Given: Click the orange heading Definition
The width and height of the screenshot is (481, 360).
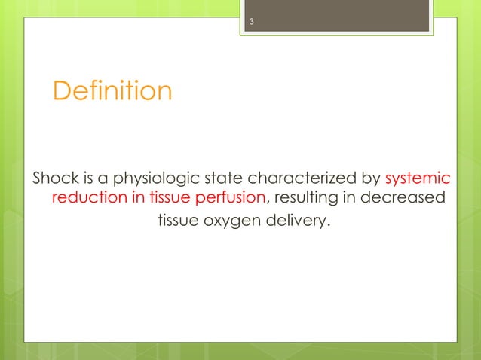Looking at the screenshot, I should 112,91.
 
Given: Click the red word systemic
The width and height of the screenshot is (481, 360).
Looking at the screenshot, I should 418,179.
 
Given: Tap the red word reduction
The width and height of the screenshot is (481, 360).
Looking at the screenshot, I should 84,200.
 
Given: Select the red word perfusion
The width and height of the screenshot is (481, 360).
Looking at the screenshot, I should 228,200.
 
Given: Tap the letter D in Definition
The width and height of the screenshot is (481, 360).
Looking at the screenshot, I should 60,91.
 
